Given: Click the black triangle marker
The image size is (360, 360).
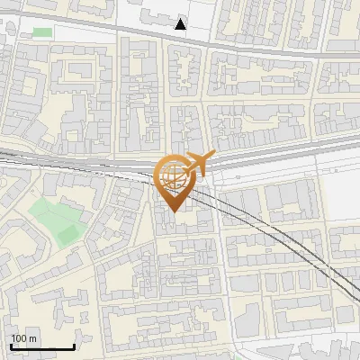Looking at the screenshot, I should tap(181, 24).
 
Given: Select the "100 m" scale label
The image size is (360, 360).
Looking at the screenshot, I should tap(23, 338).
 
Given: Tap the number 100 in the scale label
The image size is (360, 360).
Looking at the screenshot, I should tap(19, 338).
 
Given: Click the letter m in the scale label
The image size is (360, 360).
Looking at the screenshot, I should tap(32, 338).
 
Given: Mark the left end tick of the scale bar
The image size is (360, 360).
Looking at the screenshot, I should tap(11, 345).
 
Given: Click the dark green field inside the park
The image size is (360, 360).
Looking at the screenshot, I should tap(67, 235).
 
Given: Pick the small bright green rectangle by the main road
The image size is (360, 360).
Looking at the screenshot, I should tap(42, 32).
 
